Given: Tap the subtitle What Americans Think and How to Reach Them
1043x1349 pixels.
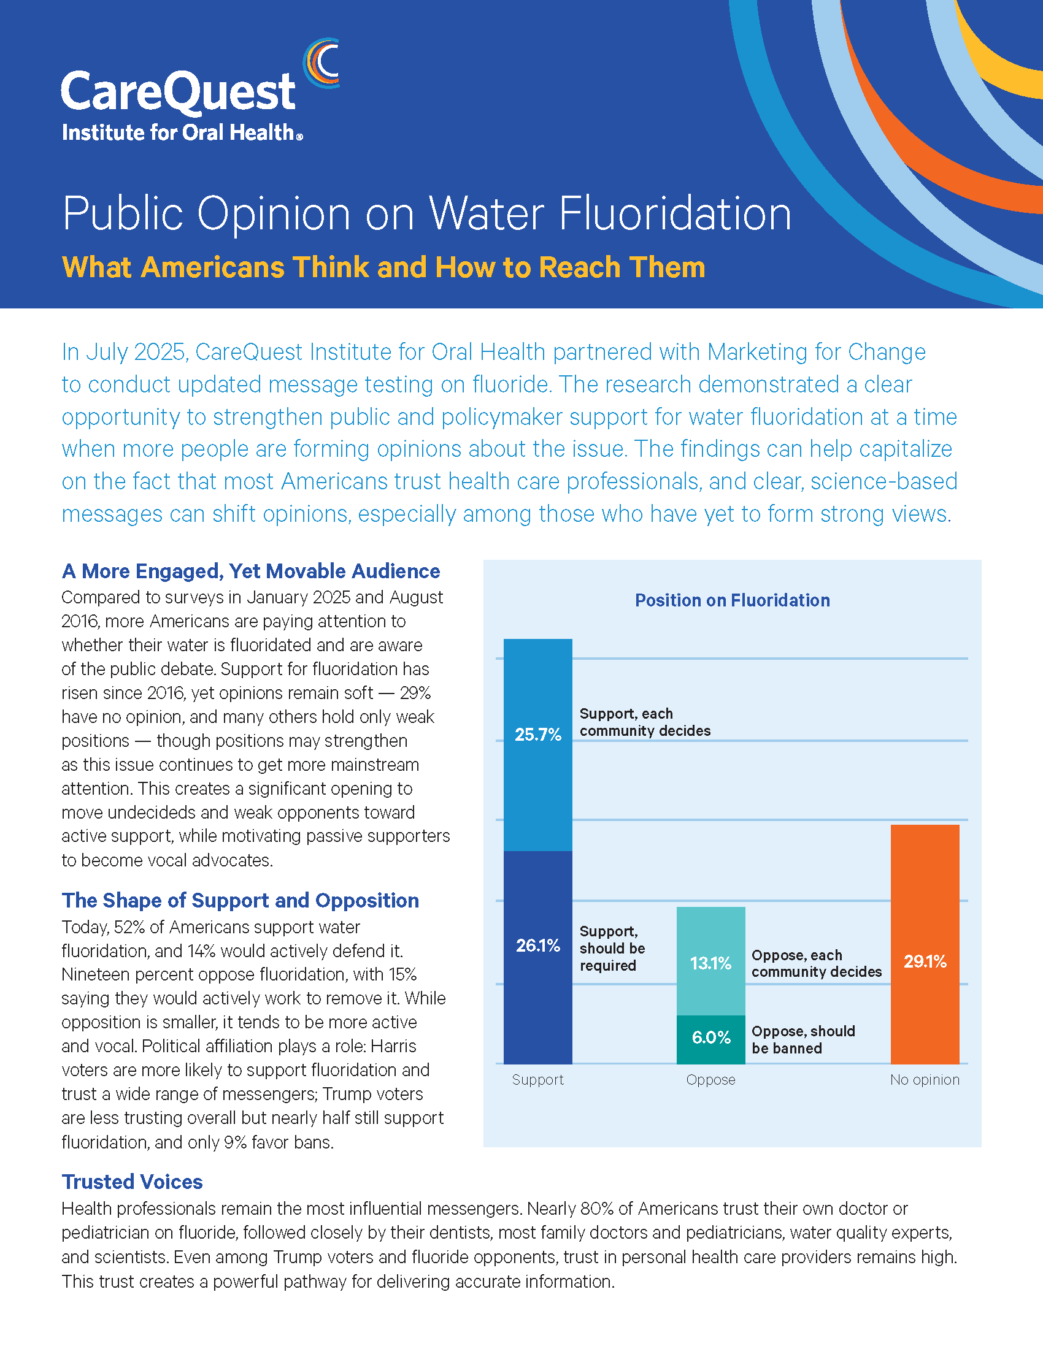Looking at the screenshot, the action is pyautogui.click(x=383, y=267).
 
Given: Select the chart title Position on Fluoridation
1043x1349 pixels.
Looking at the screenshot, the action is pyautogui.click(x=732, y=600).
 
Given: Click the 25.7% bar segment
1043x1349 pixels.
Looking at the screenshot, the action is pyautogui.click(x=537, y=745).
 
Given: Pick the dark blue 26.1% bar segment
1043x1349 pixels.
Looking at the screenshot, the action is pyautogui.click(x=537, y=957).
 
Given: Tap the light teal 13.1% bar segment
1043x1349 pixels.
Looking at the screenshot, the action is pyautogui.click(x=710, y=961).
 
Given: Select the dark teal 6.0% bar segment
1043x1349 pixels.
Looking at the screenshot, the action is pyautogui.click(x=710, y=1039).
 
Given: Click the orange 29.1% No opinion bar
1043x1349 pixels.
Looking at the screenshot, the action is pyautogui.click(x=925, y=944).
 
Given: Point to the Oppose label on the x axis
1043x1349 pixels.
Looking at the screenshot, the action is pyautogui.click(x=710, y=1080).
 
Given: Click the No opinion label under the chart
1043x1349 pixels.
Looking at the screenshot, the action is pyautogui.click(x=925, y=1080).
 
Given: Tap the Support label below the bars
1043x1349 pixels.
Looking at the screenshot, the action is pyautogui.click(x=537, y=1080).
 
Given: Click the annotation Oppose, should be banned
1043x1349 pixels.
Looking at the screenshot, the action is pyautogui.click(x=803, y=1039).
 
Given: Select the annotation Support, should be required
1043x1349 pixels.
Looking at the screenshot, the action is pyautogui.click(x=612, y=948).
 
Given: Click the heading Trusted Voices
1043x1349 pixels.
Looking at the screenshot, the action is pyautogui.click(x=133, y=1182).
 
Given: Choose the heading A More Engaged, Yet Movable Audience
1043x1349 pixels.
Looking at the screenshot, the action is pyautogui.click(x=251, y=571).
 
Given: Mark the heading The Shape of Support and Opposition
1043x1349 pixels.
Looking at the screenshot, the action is pyautogui.click(x=241, y=901).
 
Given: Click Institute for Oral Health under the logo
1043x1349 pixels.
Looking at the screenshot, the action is pyautogui.click(x=182, y=132).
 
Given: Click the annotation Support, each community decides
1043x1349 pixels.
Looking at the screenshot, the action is pyautogui.click(x=645, y=722).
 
